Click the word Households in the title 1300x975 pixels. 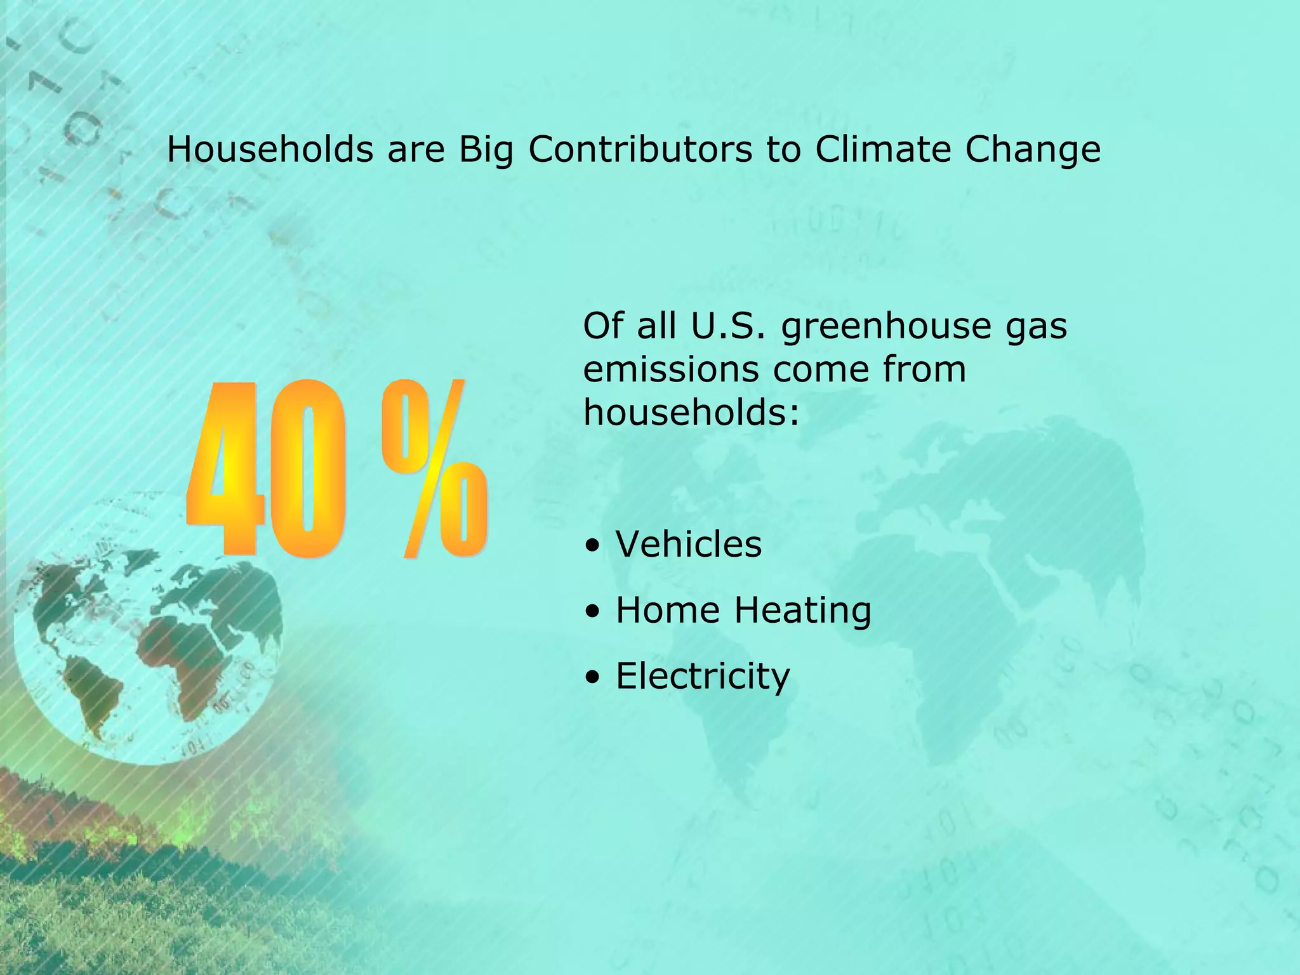[x=270, y=150]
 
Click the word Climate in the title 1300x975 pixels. [x=882, y=150]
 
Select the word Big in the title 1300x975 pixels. [x=486, y=151]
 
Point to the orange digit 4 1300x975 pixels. [x=226, y=470]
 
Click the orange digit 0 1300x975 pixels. [x=308, y=470]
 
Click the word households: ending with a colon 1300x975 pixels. [x=691, y=413]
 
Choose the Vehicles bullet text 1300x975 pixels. [x=689, y=545]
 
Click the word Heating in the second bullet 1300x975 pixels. [x=802, y=611]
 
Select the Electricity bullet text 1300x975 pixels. [x=703, y=677]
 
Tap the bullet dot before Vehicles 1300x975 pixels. [x=592, y=546]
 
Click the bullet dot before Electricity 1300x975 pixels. [x=592, y=677]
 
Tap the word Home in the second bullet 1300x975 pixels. [x=668, y=611]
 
